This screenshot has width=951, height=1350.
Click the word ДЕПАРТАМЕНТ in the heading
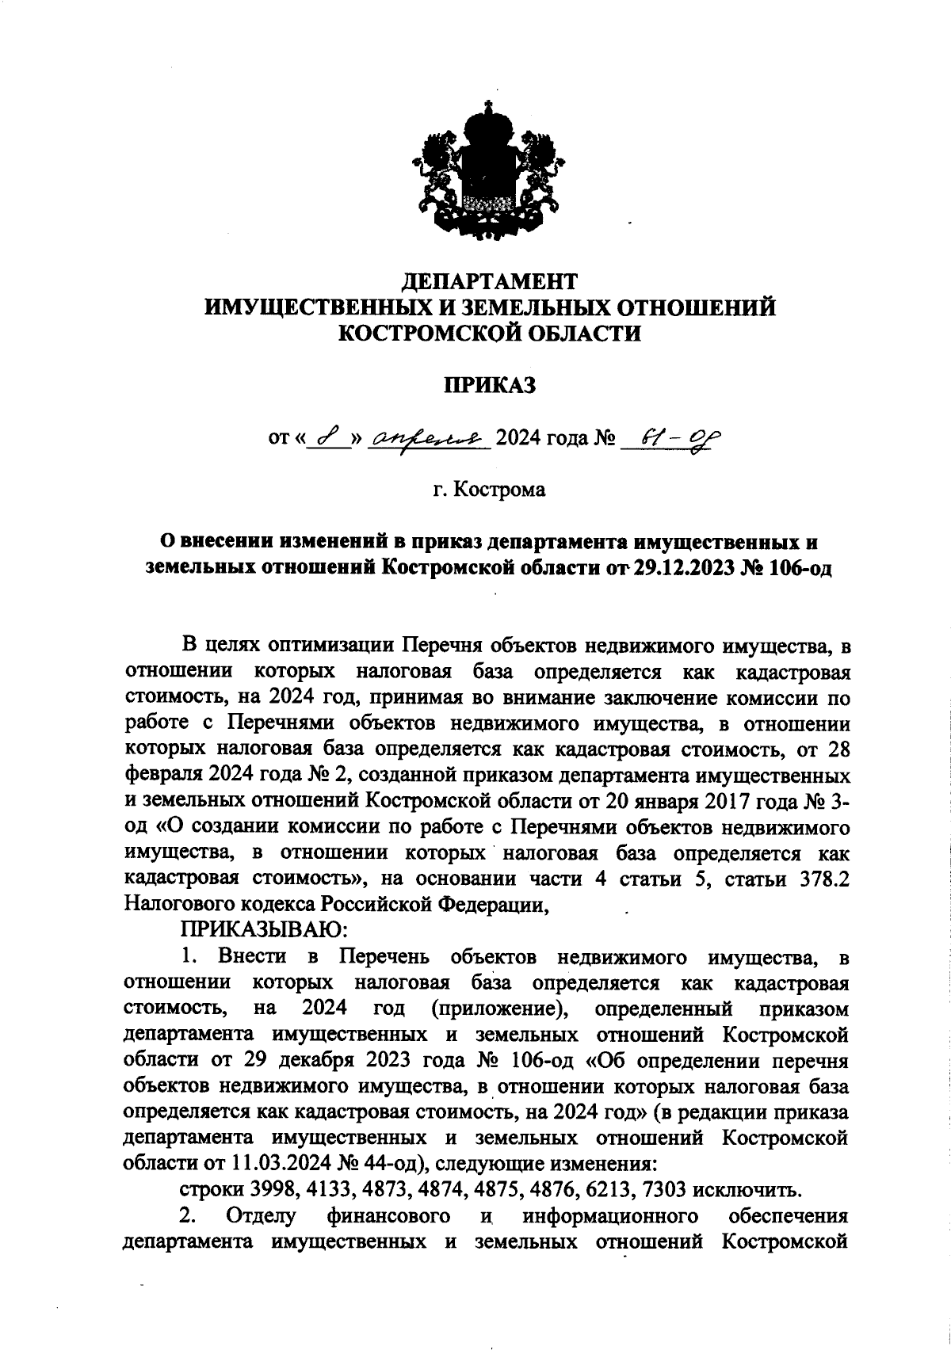tap(490, 280)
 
